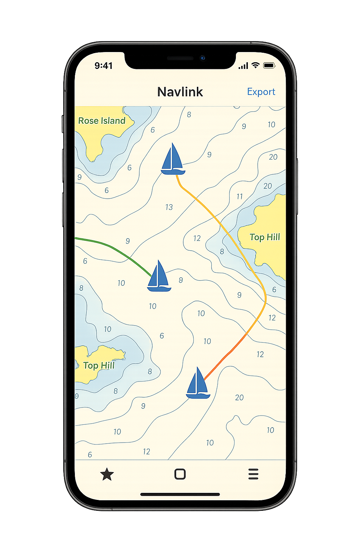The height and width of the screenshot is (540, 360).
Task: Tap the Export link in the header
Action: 261,92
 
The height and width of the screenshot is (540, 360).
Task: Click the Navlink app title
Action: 180,92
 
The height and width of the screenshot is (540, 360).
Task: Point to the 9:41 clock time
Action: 103,66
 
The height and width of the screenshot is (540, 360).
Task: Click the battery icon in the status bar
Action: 269,65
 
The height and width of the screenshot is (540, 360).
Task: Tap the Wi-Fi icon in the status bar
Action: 256,65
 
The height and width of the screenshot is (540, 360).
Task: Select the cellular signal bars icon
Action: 243,66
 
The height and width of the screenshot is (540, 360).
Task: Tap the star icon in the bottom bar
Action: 107,474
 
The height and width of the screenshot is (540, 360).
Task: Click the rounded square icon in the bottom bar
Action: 180,474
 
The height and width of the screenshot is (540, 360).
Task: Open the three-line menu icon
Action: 253,474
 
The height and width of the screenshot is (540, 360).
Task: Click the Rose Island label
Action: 102,121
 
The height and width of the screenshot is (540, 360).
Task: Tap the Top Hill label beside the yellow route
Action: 265,237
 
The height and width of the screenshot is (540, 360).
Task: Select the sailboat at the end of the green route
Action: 159,276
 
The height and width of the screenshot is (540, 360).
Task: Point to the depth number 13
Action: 169,207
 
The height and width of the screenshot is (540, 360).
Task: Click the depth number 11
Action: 240,197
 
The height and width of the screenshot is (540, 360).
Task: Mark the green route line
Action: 112,246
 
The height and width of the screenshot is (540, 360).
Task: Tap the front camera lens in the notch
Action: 202,58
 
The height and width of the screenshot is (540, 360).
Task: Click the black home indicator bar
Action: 180,494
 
